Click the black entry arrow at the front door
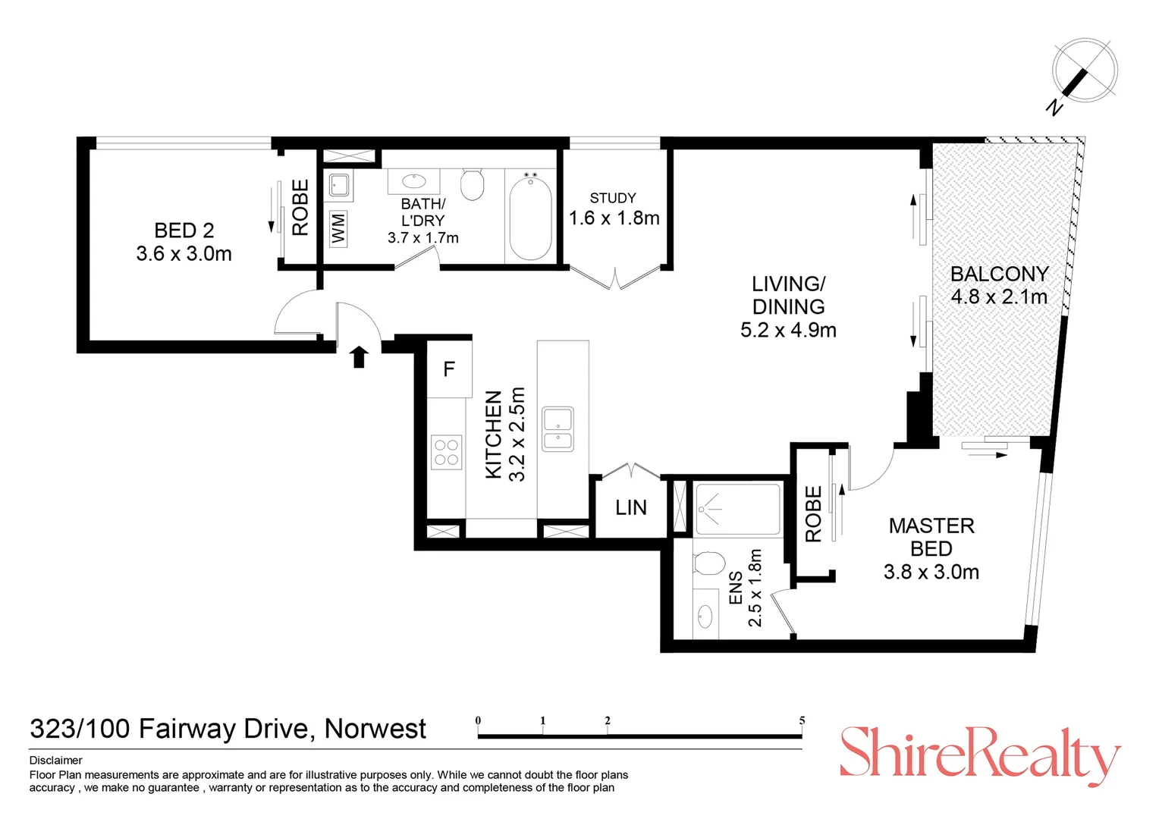[360, 356]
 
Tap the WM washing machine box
[338, 227]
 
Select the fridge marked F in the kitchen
[449, 369]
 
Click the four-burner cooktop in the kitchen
[446, 452]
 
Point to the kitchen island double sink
[558, 429]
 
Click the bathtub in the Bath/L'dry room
[530, 216]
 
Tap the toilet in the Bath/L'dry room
[473, 184]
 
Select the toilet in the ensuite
[709, 564]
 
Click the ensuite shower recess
[737, 509]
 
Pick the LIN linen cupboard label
[631, 507]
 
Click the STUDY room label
[613, 198]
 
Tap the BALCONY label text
[999, 274]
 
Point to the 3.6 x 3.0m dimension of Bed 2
[184, 254]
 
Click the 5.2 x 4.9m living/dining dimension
[788, 330]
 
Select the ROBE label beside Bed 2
[300, 207]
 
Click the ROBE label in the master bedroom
[813, 514]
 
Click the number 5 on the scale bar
[802, 720]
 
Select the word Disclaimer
[56, 760]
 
